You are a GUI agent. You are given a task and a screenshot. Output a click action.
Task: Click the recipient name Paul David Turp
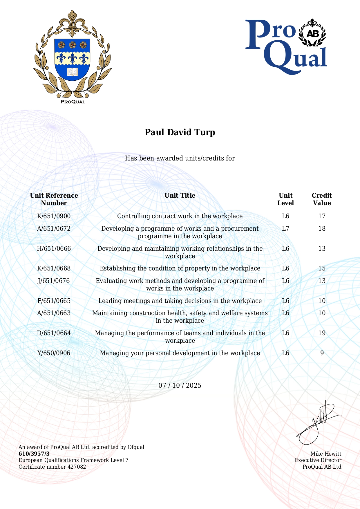[180, 132]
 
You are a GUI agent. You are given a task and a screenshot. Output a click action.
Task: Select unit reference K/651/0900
[54, 216]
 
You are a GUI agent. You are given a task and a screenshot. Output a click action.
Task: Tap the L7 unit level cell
[285, 229]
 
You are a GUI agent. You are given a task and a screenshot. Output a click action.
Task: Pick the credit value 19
[322, 333]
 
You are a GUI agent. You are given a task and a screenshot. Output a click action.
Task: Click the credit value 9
[322, 353]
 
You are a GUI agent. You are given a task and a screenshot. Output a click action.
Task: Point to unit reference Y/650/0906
[54, 353]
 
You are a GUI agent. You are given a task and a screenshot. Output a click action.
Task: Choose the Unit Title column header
[180, 196]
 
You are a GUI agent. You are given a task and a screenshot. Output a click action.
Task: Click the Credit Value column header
[322, 199]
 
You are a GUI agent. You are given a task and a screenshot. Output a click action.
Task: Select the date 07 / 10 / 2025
[180, 385]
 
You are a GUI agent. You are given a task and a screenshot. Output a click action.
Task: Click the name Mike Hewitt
[326, 454]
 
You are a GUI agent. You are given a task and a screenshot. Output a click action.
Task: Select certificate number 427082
[77, 467]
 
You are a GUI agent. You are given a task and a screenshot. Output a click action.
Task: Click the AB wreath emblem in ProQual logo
[312, 33]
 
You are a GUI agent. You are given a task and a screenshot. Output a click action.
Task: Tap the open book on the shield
[73, 72]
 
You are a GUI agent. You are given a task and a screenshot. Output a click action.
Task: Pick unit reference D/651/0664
[54, 333]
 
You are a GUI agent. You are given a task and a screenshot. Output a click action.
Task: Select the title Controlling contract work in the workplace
[180, 216]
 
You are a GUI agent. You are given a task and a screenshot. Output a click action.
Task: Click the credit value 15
[322, 268]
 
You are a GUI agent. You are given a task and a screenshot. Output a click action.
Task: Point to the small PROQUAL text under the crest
[73, 102]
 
